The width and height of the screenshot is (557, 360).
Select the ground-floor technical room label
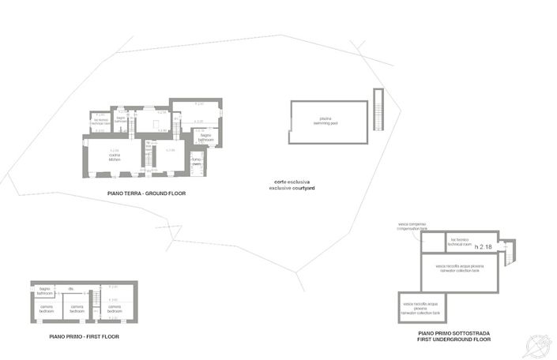(x=100, y=122)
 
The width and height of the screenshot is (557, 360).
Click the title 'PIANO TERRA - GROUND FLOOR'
(x=146, y=193)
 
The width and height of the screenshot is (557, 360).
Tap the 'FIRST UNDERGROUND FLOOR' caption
(x=454, y=338)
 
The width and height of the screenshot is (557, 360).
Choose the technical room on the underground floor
(x=460, y=242)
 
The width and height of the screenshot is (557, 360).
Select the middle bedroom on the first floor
(x=77, y=309)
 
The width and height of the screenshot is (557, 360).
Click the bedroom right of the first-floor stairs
(x=115, y=309)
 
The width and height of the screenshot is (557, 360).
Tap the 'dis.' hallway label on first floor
(x=71, y=288)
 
